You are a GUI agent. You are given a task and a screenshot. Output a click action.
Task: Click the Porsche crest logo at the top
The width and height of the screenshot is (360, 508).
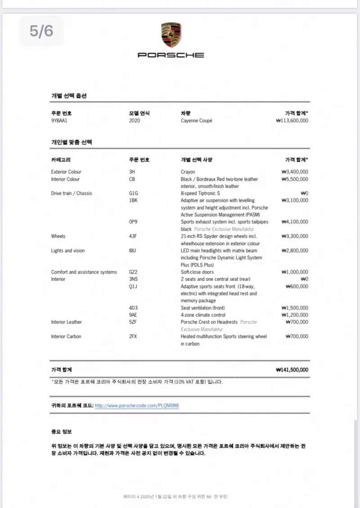171,35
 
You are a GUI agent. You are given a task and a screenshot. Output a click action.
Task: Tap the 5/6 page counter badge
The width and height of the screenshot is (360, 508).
41,31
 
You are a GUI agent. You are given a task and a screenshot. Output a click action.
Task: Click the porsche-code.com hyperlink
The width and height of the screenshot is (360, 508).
137,405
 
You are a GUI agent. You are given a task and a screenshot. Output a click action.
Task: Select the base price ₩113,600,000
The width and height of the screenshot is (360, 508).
292,121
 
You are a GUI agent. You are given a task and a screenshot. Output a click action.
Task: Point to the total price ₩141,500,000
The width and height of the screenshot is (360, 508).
292,370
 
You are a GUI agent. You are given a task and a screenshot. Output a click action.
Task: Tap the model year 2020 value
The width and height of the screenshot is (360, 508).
135,121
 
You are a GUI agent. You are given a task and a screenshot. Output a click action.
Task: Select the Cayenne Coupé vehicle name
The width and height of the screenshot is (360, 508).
196,121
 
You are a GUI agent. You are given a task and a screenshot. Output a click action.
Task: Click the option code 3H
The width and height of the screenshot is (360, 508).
131,172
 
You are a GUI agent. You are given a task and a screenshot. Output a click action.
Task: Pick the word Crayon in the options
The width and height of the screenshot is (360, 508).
188,172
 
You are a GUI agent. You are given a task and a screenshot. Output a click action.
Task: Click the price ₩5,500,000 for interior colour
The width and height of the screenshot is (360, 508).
295,179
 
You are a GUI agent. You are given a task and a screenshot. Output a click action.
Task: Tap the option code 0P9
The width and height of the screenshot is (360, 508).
133,222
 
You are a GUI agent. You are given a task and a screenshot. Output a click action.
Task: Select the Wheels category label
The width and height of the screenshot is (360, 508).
58,236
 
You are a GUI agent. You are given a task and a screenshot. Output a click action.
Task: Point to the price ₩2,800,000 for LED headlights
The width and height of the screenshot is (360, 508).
295,250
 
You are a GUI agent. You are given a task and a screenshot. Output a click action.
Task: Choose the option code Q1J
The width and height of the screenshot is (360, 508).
133,286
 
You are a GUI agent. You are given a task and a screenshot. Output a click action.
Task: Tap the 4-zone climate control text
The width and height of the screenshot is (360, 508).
203,315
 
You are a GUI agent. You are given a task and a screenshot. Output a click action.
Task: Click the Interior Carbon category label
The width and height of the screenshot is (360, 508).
66,336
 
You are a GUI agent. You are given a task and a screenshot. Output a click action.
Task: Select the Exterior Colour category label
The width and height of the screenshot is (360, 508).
66,172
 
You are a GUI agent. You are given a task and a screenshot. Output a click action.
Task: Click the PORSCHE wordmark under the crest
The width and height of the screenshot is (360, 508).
171,55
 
